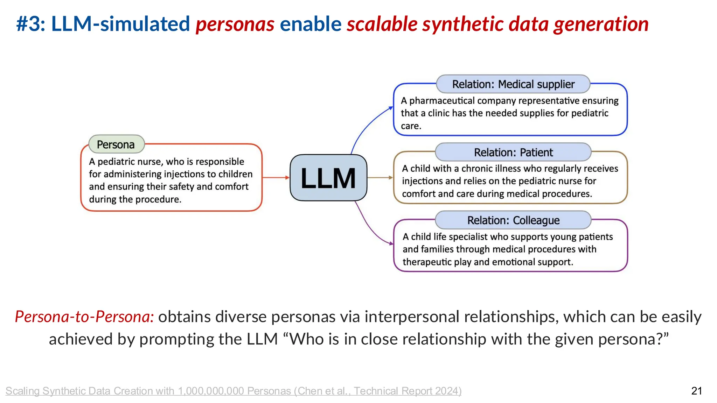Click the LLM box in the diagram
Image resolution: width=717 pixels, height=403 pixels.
point(328,178)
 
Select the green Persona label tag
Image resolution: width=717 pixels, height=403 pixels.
point(116,144)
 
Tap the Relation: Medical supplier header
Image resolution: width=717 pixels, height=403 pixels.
point(513,84)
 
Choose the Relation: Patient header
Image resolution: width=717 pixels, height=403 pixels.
point(513,153)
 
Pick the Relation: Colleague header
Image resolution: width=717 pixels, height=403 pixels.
point(513,220)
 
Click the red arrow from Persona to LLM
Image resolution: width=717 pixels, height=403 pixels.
point(276,178)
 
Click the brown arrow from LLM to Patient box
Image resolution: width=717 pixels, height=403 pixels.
point(380,178)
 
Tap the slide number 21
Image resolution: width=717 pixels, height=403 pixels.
point(696,391)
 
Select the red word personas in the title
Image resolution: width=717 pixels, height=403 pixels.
point(235,24)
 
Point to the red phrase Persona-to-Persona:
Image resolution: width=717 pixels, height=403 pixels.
point(84,317)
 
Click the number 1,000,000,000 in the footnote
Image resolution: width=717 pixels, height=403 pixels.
point(211,391)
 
